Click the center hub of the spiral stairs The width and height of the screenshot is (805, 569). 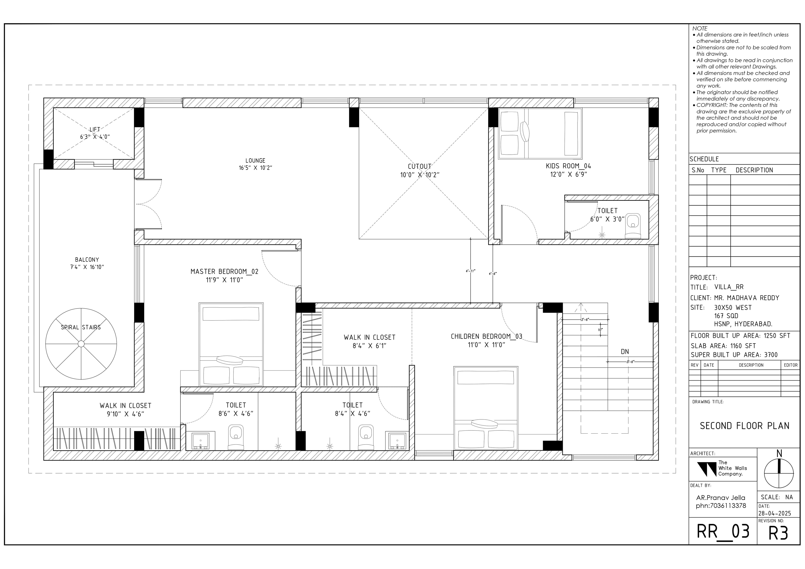coord(81,343)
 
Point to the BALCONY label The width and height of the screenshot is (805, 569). coord(87,260)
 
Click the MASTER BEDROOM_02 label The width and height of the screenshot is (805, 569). coord(224,272)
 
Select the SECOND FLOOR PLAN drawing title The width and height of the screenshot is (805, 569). coord(744,426)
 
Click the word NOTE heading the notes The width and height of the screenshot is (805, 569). coord(700,28)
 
